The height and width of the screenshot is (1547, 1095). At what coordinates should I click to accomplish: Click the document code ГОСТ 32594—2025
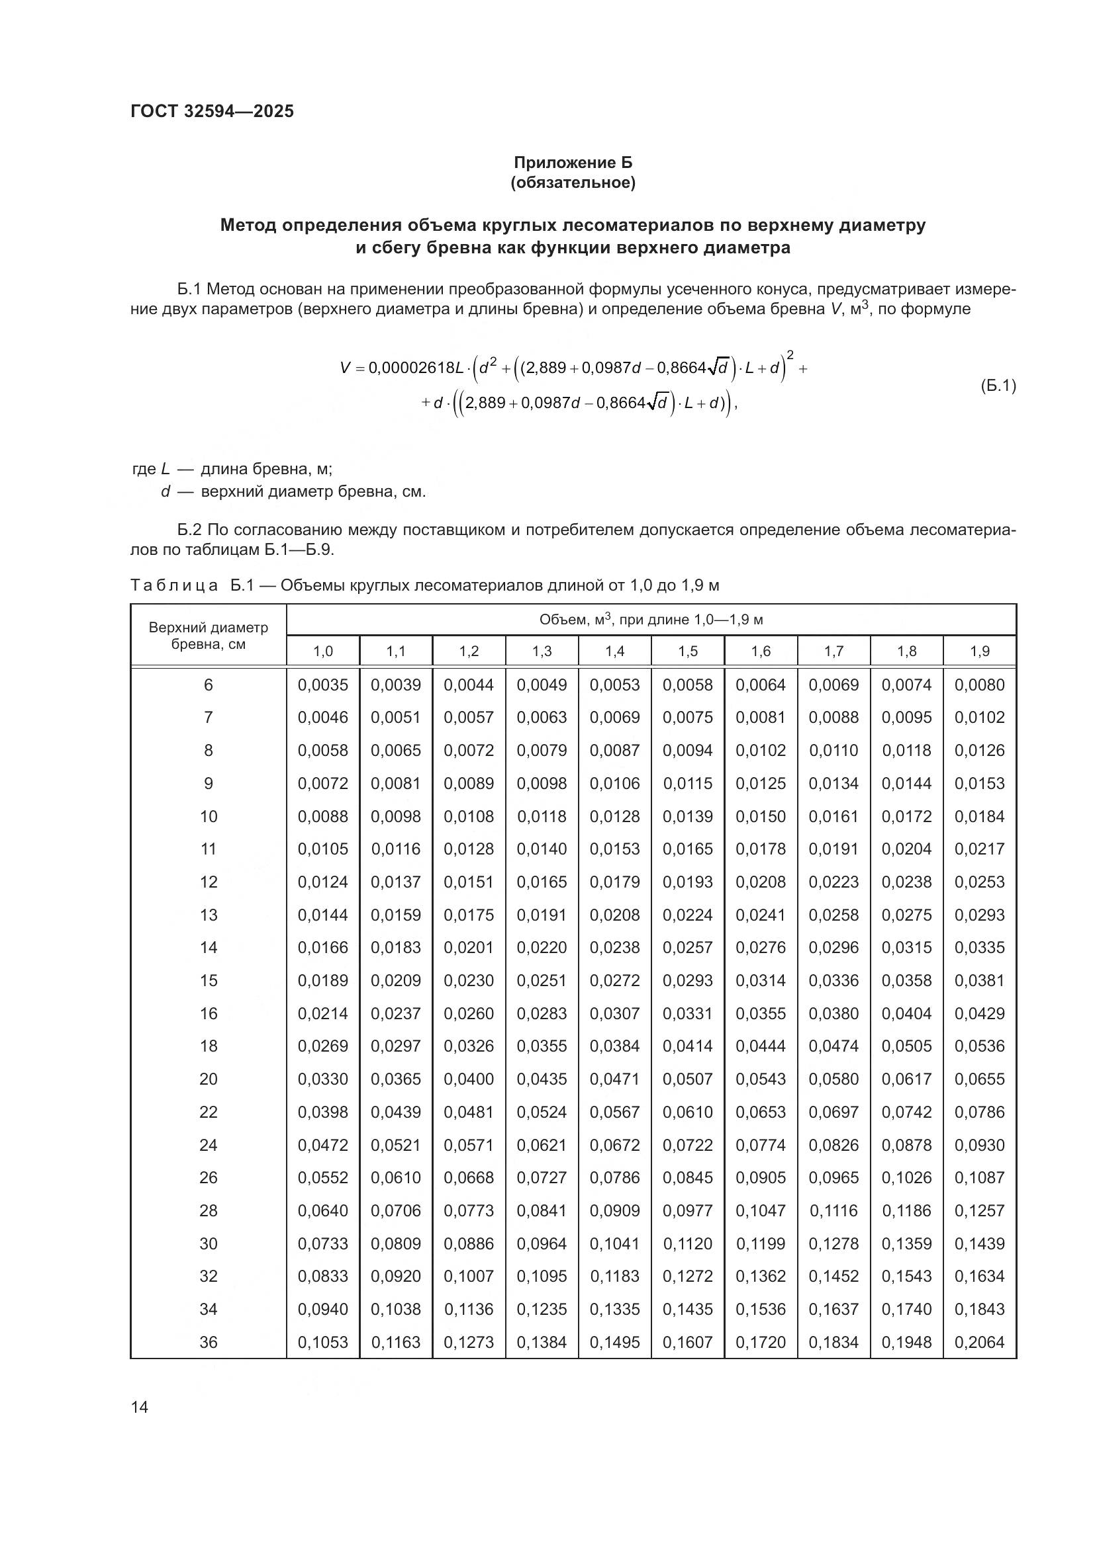(x=213, y=111)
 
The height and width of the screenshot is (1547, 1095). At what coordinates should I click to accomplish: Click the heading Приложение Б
(x=573, y=163)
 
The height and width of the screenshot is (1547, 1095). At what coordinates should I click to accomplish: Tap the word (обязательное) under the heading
(x=573, y=183)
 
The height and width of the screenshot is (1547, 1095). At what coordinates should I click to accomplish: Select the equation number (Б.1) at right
(x=997, y=386)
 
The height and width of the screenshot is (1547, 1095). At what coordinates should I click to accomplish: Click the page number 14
(x=140, y=1407)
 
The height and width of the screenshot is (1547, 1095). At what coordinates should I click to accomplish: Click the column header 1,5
(x=688, y=651)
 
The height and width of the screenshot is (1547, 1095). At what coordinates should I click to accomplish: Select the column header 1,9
(x=980, y=651)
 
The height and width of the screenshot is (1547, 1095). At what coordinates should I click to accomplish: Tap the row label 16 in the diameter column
(x=209, y=1013)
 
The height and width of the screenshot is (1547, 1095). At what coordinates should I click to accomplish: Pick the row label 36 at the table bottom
(x=209, y=1342)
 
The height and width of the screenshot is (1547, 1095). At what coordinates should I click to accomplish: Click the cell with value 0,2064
(x=980, y=1342)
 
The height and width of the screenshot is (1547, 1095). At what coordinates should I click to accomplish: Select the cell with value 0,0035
(x=323, y=685)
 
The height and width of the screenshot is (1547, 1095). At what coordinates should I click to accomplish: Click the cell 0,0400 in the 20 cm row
(x=469, y=1079)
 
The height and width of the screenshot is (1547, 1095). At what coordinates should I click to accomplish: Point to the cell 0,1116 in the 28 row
(x=833, y=1211)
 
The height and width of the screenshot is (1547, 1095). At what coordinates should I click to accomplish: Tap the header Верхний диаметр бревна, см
(x=209, y=636)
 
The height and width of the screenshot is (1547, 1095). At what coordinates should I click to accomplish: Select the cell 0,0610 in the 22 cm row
(x=688, y=1112)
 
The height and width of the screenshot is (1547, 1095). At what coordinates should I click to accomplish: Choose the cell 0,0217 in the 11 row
(x=980, y=849)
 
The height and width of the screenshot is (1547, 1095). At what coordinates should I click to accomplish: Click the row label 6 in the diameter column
(x=209, y=685)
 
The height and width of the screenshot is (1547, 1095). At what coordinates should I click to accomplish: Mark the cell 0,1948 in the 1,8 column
(x=907, y=1342)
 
